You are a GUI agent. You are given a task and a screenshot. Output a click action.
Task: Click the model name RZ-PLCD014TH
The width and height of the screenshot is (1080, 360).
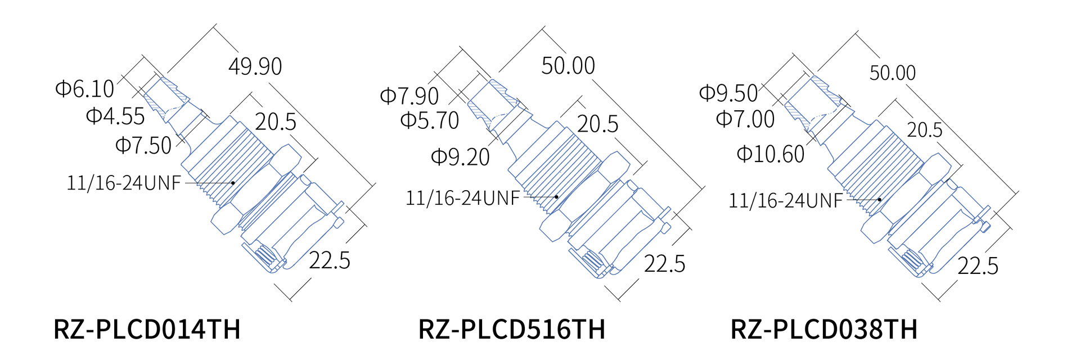pos(147,330)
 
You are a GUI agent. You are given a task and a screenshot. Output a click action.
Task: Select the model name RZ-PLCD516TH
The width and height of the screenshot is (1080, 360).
pos(511,330)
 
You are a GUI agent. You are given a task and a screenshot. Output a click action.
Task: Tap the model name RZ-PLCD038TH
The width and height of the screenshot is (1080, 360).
pos(823,330)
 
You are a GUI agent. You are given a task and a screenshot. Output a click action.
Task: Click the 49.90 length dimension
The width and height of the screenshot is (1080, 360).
pos(255,66)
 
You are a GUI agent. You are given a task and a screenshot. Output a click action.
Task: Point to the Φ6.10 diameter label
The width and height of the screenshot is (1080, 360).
pos(84,89)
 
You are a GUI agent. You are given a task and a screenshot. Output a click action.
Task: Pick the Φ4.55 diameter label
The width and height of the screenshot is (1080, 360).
pos(115,116)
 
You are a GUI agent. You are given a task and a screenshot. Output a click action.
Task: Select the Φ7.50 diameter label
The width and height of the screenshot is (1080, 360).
pos(143,146)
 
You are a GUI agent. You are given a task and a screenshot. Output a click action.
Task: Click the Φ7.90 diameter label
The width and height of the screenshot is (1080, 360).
pos(409,96)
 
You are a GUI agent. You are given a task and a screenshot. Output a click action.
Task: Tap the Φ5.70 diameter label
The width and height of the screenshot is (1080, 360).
pos(430,120)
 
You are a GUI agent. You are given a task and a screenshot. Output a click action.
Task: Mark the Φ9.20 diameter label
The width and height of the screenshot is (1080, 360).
pos(460,157)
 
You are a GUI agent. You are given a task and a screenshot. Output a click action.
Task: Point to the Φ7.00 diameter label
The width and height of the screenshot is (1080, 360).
pos(745,119)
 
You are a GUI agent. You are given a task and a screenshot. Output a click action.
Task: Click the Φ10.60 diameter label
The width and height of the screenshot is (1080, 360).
pos(771,154)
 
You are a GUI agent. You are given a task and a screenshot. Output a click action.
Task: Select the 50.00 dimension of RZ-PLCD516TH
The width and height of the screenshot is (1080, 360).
pos(568,66)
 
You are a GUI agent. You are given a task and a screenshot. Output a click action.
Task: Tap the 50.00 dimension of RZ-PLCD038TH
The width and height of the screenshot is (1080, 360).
pos(893,73)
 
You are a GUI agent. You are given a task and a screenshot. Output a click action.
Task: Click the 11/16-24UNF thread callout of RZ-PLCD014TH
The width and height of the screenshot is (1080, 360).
pos(124,183)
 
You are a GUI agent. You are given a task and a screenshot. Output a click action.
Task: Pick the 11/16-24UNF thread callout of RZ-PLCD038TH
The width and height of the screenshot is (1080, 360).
pos(786,201)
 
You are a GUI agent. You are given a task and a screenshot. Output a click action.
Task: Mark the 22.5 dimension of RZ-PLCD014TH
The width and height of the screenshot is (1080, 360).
pos(330,260)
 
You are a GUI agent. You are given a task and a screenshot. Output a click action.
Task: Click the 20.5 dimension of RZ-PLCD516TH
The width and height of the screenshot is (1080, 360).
pos(597,124)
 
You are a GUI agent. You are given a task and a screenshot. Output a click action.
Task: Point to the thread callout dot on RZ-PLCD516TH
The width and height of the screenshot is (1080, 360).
pos(556,197)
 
